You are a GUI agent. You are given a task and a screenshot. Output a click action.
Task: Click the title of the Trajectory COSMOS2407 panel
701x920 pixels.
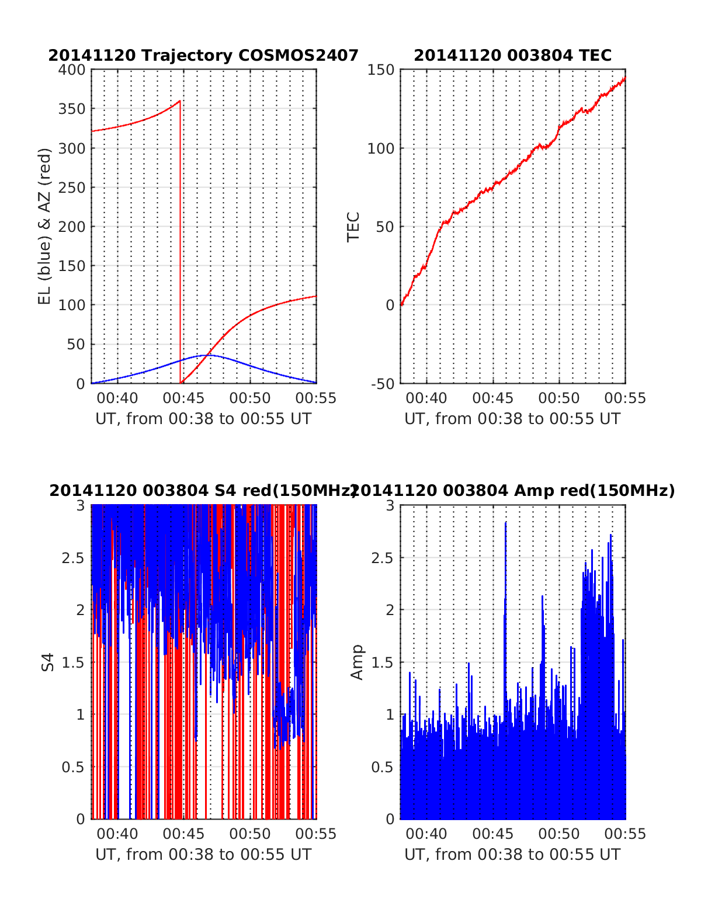(203, 55)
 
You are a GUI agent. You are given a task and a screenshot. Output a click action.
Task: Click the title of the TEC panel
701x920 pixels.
(512, 55)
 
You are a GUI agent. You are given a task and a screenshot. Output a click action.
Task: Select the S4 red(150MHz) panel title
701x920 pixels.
(203, 491)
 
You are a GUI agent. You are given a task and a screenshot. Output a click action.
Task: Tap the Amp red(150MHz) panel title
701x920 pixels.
(512, 491)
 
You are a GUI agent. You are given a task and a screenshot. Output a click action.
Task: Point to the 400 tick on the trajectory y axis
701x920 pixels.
(72, 70)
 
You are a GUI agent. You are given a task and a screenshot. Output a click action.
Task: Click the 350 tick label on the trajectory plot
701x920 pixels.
(72, 109)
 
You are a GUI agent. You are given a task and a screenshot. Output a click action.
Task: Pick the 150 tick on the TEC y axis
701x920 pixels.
(381, 70)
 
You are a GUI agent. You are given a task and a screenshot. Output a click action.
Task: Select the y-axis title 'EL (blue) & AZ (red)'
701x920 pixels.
(45, 226)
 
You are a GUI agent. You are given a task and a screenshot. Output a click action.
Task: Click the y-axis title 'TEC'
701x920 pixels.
(353, 227)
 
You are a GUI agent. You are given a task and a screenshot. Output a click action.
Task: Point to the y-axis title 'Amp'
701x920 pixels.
(356, 662)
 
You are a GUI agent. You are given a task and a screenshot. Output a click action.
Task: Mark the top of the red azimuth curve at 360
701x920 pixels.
(180, 101)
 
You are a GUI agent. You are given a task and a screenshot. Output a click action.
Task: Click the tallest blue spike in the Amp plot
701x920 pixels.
(505, 523)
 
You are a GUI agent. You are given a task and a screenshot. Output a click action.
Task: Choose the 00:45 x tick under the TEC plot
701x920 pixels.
(492, 398)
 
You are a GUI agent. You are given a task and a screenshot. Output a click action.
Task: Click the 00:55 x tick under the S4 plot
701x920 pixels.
(316, 834)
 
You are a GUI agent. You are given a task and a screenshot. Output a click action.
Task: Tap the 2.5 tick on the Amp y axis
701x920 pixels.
(382, 558)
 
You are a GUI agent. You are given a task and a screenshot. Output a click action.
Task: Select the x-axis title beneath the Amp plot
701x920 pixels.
(512, 855)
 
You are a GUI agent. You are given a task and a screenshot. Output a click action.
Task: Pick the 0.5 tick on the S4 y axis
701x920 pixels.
(73, 767)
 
